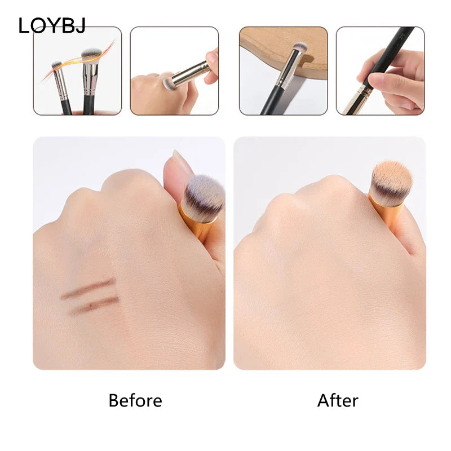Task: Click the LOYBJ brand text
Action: point(52,25)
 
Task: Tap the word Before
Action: point(135,401)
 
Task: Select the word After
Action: point(338,401)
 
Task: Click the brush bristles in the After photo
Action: point(391,182)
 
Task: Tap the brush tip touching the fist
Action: point(167,84)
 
